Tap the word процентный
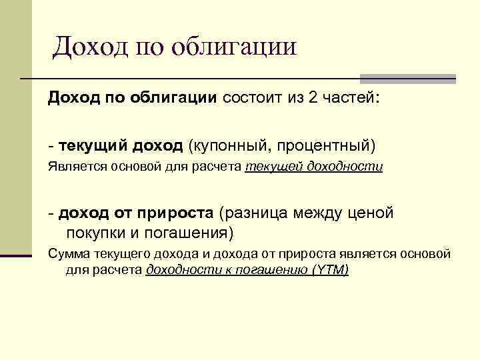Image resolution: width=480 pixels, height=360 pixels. coord(325,145)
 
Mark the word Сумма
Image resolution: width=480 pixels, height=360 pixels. coord(65,255)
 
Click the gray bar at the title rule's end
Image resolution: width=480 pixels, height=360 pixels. coord(407,78)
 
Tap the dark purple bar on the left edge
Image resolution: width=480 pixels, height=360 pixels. coord(16,254)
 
